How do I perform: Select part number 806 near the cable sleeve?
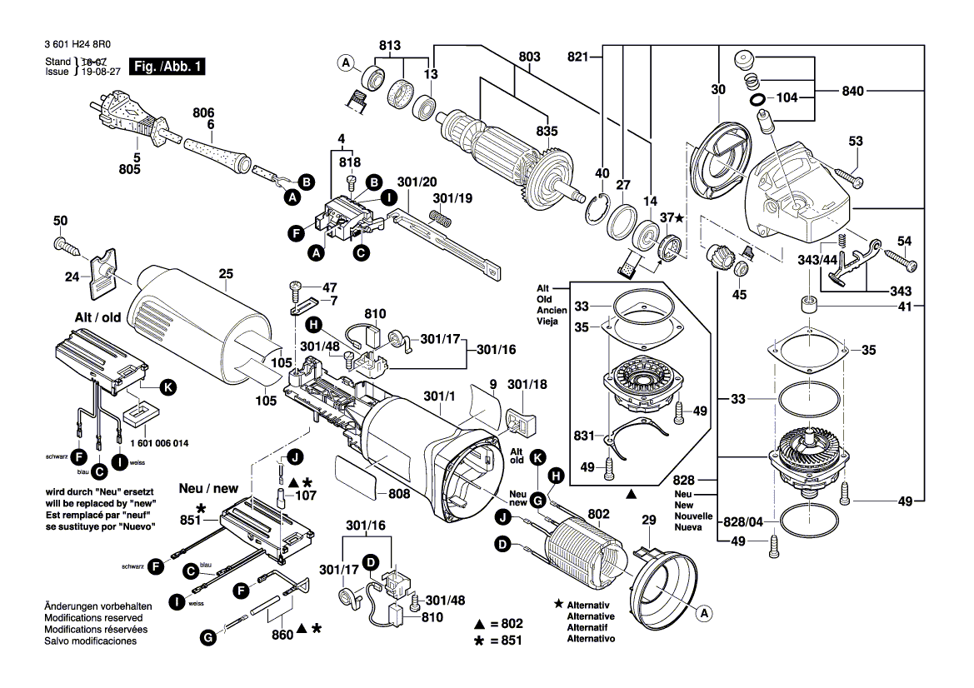pyautogui.click(x=203, y=112)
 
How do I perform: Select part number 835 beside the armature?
pyautogui.click(x=547, y=131)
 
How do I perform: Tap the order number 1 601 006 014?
pyautogui.click(x=160, y=445)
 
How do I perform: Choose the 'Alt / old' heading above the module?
pyautogui.click(x=97, y=317)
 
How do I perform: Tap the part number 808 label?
pyautogui.click(x=399, y=494)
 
